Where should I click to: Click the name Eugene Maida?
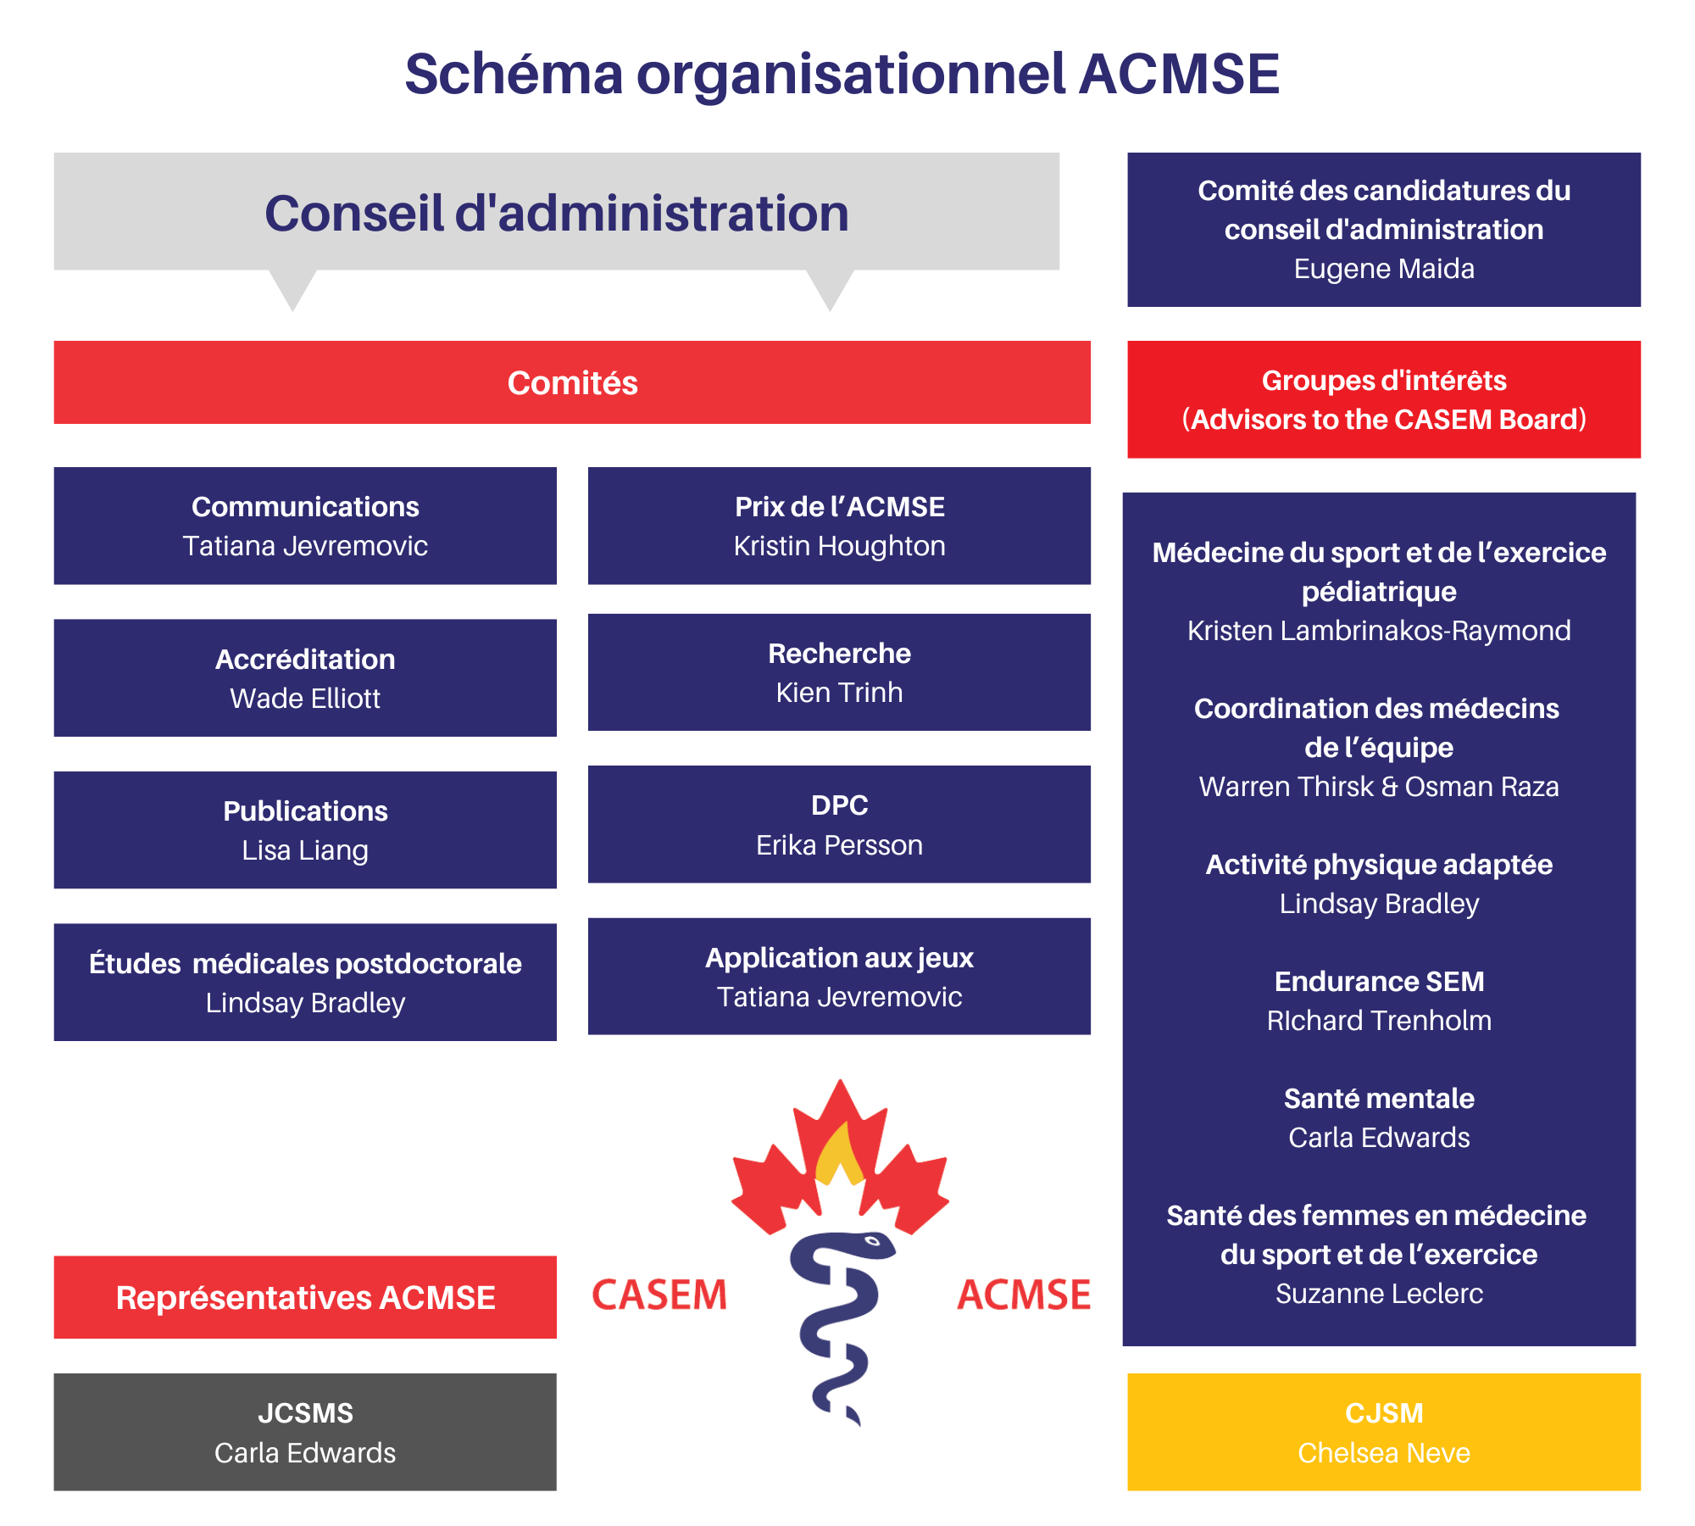(1384, 269)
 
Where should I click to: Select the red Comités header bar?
(572, 382)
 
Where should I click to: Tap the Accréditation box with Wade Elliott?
(305, 677)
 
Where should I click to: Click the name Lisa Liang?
(305, 850)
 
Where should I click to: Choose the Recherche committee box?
(839, 672)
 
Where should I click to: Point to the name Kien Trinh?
(839, 693)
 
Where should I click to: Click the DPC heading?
(839, 805)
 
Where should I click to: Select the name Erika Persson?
(839, 845)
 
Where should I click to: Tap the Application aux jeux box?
(839, 976)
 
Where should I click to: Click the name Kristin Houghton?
(839, 546)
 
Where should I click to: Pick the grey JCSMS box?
(305, 1432)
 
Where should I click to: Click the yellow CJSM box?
(1384, 1432)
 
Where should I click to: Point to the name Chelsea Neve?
(1384, 1453)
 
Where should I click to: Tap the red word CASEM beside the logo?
(659, 1295)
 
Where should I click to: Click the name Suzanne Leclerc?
(1379, 1294)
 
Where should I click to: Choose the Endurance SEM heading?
(1379, 981)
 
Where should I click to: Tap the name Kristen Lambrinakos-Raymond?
(1379, 631)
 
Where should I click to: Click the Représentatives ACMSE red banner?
(305, 1297)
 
